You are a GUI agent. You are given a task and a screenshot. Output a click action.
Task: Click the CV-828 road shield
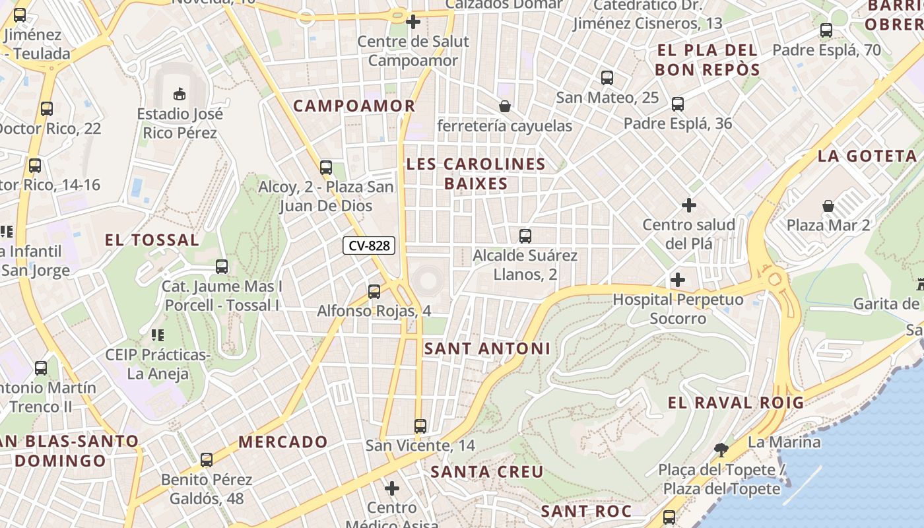tap(369, 246)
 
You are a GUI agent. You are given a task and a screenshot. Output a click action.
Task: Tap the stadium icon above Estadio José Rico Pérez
tap(180, 94)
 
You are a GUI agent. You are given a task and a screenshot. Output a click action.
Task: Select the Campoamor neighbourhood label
tap(354, 106)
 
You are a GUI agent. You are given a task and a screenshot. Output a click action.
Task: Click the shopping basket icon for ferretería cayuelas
tap(505, 106)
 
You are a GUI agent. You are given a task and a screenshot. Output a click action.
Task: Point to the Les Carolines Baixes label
tap(476, 174)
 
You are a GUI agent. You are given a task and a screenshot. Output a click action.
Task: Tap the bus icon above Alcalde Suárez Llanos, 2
tap(525, 236)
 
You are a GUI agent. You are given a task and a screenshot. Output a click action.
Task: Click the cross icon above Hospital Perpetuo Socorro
tap(677, 280)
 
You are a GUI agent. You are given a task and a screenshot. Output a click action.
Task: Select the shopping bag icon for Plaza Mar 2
tap(828, 206)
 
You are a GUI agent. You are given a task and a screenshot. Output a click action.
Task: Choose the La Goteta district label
tap(867, 156)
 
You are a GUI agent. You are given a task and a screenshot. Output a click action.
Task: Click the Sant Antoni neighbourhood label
tap(487, 348)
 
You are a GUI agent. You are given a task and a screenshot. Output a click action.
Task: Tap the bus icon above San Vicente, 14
tap(420, 426)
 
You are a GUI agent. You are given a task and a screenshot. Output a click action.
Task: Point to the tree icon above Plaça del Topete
tap(721, 450)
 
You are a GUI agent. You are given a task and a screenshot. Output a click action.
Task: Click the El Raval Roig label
tap(736, 403)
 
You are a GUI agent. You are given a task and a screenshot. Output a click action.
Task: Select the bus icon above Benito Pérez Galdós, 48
tap(207, 459)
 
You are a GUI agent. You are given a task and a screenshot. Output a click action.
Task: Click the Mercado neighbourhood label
tap(283, 442)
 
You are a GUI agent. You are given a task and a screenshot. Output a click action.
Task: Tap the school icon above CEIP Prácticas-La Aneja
tap(157, 335)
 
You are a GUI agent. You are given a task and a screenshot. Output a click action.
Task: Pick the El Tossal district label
tap(152, 240)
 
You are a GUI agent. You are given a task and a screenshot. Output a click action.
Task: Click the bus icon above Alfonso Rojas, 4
tap(374, 291)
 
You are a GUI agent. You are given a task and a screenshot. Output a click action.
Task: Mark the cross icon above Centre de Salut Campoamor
tap(413, 22)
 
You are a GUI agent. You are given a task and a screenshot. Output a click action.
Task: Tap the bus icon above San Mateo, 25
tap(607, 78)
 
